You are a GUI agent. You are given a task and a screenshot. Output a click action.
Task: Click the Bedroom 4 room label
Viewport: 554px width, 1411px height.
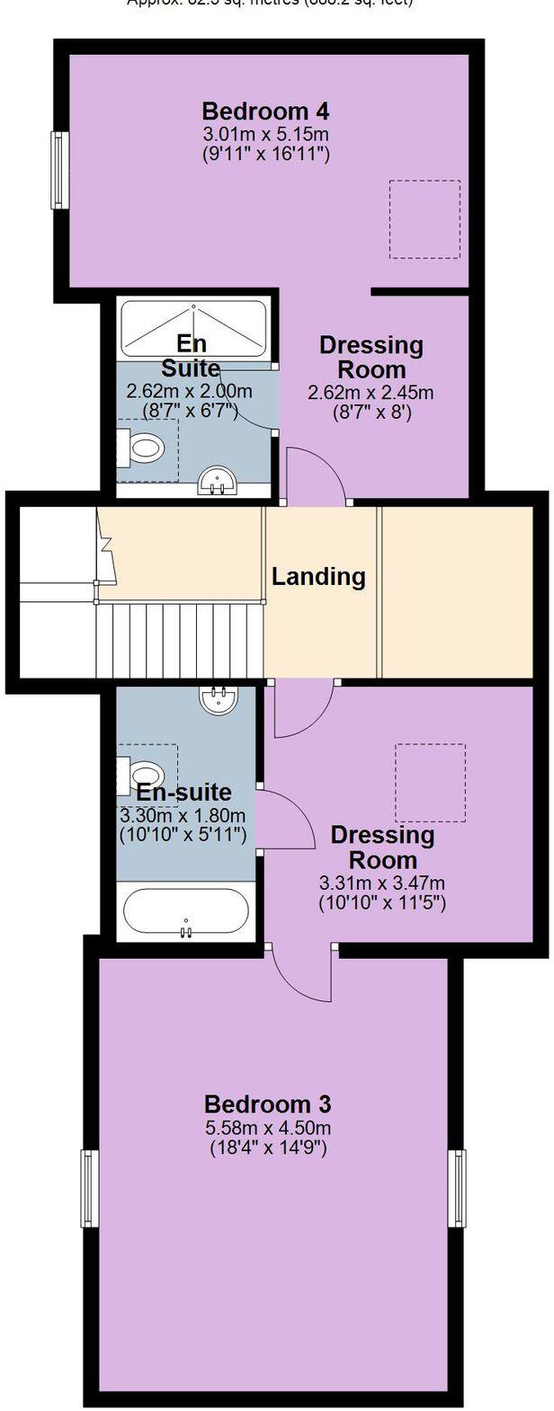(x=265, y=111)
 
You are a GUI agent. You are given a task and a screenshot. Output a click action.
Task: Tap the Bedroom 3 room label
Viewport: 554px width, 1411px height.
(x=268, y=1104)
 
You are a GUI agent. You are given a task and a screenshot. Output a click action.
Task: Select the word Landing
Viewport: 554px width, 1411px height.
(x=318, y=576)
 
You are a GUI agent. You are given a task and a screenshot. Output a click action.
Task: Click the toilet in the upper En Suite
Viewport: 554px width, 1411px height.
(x=144, y=446)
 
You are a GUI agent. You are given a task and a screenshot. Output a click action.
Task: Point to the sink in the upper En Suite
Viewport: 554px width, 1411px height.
(x=217, y=482)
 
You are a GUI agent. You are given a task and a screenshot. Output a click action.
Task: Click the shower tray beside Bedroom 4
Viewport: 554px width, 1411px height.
(x=192, y=329)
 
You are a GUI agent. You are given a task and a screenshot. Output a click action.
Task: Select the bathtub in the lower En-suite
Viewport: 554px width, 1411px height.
(x=186, y=912)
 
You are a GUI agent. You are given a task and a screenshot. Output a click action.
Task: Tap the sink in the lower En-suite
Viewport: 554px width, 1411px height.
(x=217, y=699)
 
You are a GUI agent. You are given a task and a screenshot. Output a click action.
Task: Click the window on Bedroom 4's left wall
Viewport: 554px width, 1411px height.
(x=59, y=171)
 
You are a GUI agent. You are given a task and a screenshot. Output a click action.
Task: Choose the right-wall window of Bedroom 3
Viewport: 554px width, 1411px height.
(x=459, y=1189)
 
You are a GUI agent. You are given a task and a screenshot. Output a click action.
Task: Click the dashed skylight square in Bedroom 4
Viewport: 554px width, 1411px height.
(x=424, y=219)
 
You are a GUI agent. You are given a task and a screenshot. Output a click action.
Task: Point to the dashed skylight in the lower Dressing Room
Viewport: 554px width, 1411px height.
(x=431, y=782)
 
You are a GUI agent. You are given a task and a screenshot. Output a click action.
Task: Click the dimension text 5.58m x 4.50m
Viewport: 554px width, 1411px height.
(x=268, y=1128)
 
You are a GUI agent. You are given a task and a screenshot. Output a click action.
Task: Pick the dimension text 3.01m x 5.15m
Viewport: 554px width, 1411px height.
(x=265, y=135)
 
